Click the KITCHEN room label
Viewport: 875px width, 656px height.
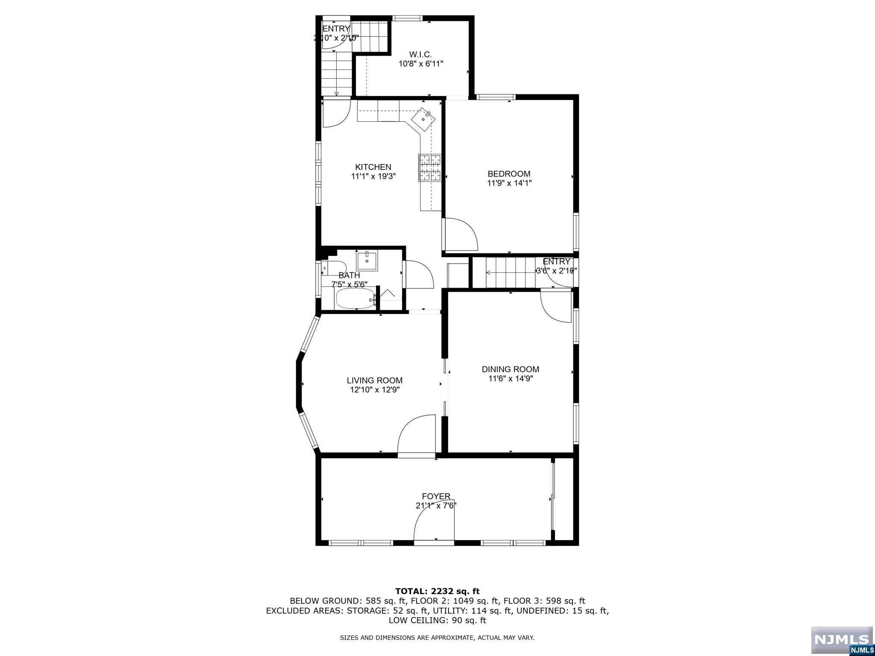[x=373, y=167]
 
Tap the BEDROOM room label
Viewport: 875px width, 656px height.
[x=509, y=174]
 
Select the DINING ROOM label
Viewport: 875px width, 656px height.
[x=510, y=369]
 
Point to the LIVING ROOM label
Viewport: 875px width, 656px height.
[x=374, y=381]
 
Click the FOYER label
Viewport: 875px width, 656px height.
[x=436, y=496]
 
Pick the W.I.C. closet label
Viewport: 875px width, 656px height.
[x=420, y=55]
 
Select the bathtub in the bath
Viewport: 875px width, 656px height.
[x=355, y=298]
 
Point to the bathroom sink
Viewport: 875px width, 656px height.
[x=367, y=260]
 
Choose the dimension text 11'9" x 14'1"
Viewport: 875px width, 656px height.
[x=509, y=183]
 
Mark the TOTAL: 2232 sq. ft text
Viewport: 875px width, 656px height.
[x=437, y=592]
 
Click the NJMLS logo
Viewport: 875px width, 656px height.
[x=841, y=640]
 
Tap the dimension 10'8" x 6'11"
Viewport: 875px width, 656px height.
[x=420, y=64]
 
